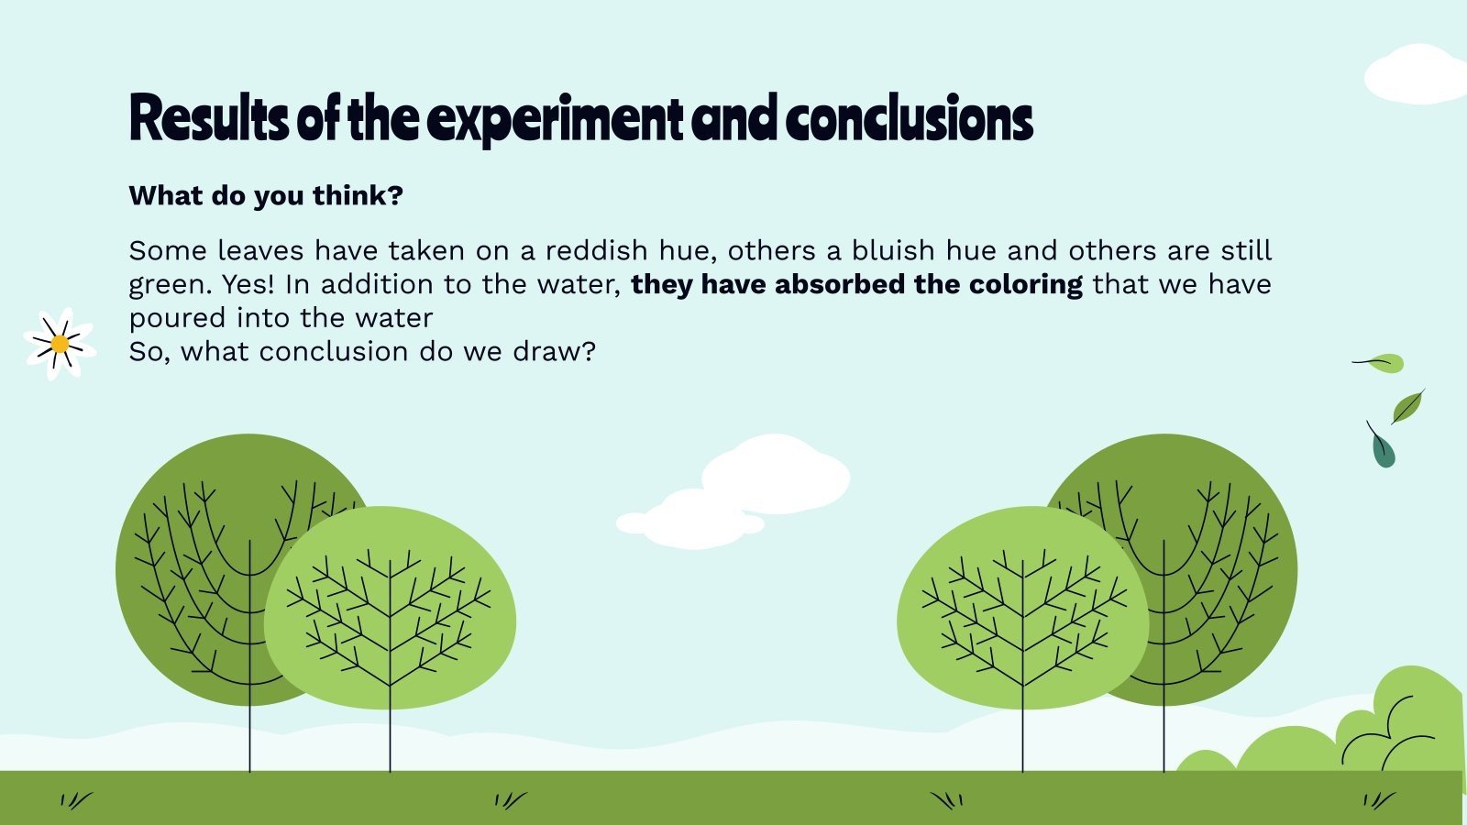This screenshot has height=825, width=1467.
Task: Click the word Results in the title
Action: coord(209,119)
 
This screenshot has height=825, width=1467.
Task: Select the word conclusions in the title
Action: coord(908,119)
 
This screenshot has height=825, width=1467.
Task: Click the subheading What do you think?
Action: coord(266,195)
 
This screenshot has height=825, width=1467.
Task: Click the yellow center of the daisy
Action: coord(60,344)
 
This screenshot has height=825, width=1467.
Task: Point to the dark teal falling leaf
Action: coord(1382,448)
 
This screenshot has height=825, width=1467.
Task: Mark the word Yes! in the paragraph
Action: coord(248,284)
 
